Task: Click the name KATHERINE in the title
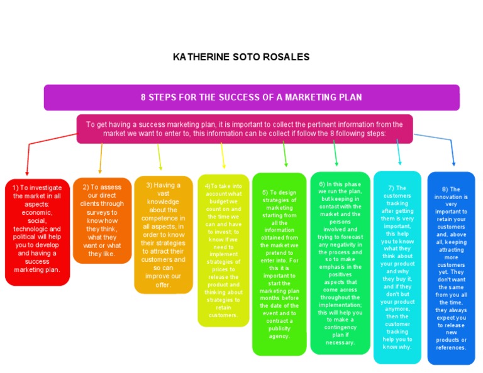(199, 57)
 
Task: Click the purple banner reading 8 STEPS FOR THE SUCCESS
(252, 97)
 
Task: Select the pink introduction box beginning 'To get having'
(245, 129)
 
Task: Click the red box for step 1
(37, 230)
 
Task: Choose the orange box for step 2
(102, 220)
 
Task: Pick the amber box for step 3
(163, 234)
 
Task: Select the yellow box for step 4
(223, 250)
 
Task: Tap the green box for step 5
(279, 264)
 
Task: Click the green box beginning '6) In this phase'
(340, 263)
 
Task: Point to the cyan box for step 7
(397, 267)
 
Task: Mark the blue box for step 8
(451, 268)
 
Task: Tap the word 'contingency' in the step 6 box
(340, 327)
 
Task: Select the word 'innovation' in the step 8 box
(451, 197)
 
